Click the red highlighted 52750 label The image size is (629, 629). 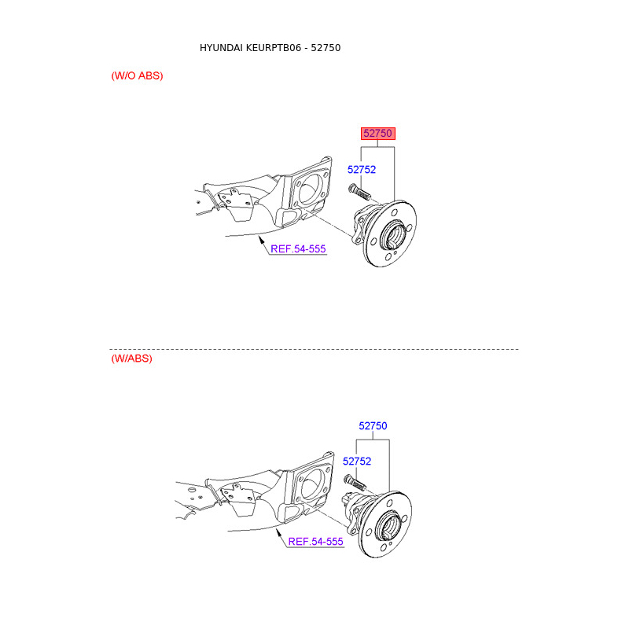click(378, 133)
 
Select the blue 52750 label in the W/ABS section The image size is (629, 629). click(373, 426)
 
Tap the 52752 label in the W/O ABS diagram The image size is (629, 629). click(362, 170)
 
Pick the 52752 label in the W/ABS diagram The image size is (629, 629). click(357, 462)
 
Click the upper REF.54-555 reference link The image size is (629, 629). click(298, 249)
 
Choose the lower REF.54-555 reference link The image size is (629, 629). click(316, 542)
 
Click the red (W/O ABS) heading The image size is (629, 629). click(137, 75)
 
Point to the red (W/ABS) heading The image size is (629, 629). click(131, 359)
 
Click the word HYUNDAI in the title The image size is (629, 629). click(221, 48)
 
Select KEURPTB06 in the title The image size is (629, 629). click(274, 48)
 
